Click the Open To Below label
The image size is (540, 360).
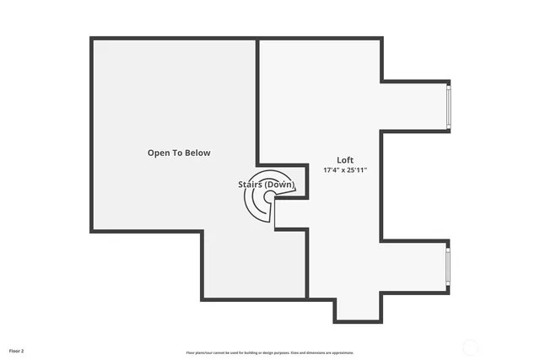178,153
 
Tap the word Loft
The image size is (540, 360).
345,159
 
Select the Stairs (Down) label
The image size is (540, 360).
266,184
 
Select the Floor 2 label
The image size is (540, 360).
17,349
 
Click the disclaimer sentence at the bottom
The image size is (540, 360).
270,352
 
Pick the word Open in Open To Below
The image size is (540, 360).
159,153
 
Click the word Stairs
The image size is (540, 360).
250,184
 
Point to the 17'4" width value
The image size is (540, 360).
332,169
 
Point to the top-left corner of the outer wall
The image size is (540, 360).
92,39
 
